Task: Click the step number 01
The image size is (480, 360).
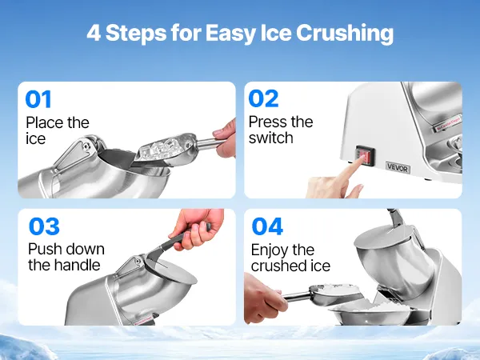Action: [x=38, y=99]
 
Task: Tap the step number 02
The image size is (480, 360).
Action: [x=263, y=98]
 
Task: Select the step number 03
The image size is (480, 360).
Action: [x=44, y=226]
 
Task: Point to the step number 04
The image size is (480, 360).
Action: [x=267, y=226]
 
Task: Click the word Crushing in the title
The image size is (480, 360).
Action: [x=345, y=33]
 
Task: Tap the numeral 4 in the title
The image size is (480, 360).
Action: [x=94, y=33]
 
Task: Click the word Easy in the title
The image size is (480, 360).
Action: [x=230, y=33]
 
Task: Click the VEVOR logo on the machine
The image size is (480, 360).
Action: [x=398, y=167]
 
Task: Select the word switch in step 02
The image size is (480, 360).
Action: [x=271, y=138]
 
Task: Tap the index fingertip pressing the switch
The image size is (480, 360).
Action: [x=362, y=158]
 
